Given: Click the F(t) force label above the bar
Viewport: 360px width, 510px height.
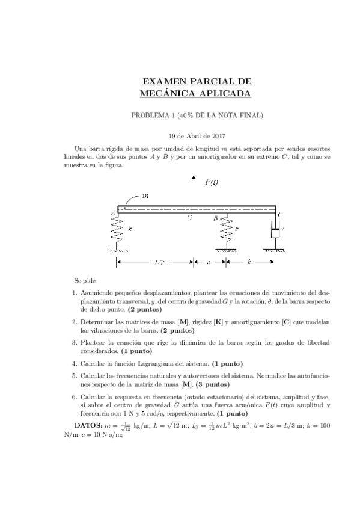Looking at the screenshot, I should (x=212, y=182).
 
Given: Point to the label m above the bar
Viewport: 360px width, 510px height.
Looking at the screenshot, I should (x=144, y=196).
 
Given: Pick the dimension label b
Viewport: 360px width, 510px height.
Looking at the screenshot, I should (x=249, y=262).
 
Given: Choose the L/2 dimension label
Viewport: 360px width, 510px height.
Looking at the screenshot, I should (x=159, y=262).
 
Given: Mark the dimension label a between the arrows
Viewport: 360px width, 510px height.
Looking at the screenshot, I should (x=209, y=262).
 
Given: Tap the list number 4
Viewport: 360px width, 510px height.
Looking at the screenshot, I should (x=73, y=363).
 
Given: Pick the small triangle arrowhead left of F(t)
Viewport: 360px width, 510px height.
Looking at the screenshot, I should (x=194, y=177).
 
